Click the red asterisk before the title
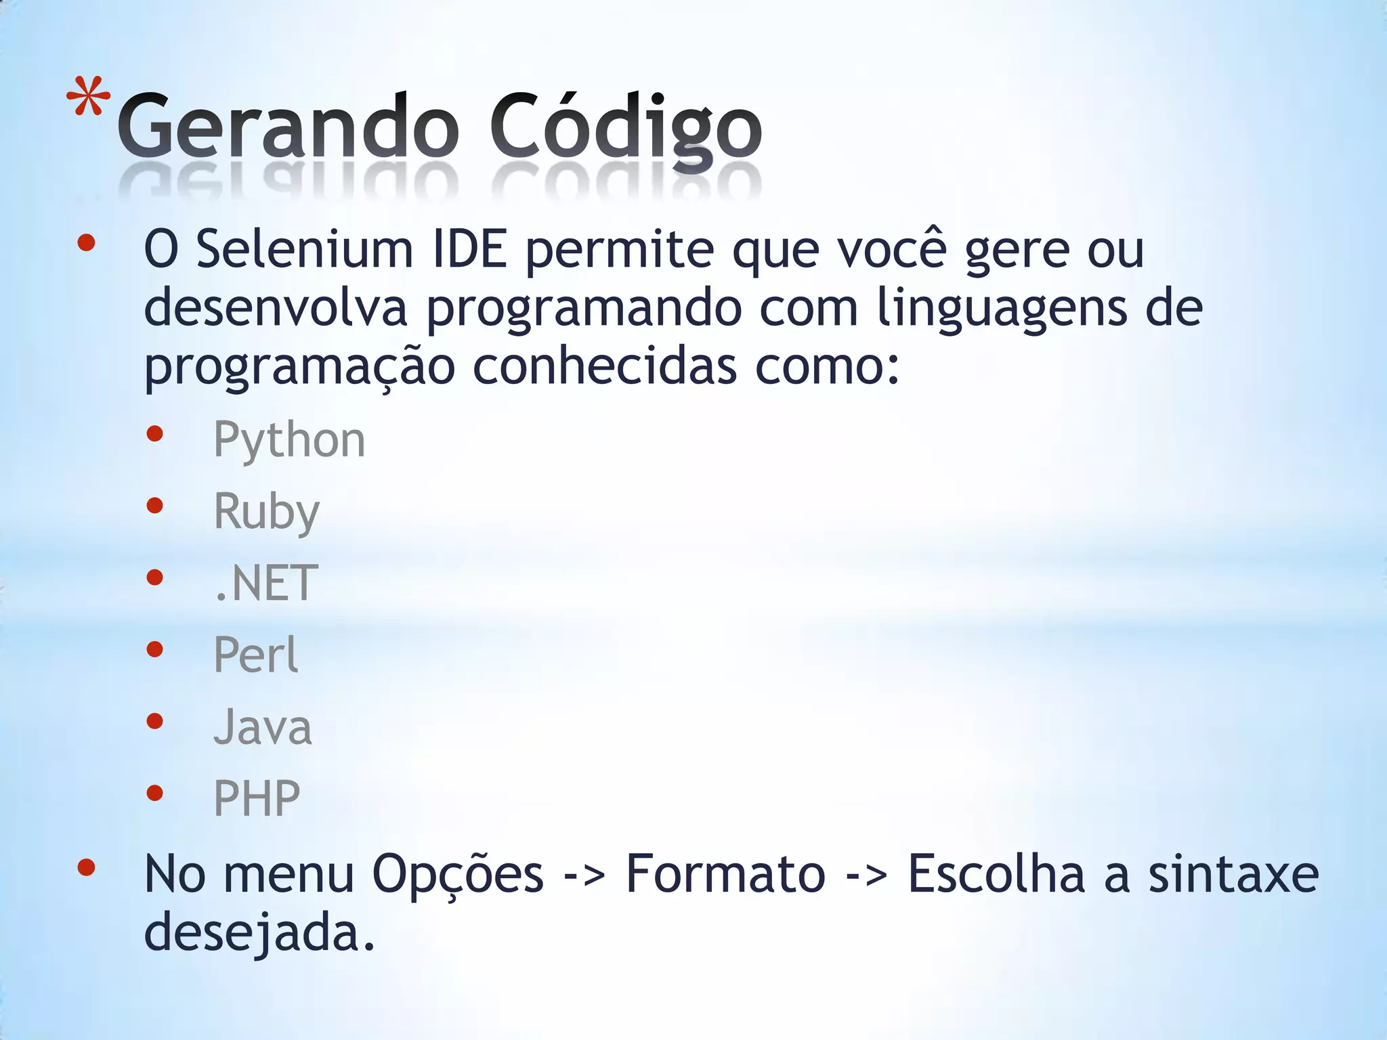pos(89,99)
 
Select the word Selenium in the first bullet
pos(305,249)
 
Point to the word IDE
pos(469,249)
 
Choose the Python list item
pos(289,440)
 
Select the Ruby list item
pos(266,512)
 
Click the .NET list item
pos(265,583)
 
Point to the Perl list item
pos(255,655)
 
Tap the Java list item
pos(263,727)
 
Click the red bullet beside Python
pos(155,433)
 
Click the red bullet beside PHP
pos(155,792)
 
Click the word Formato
pos(725,873)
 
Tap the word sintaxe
pos(1233,873)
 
